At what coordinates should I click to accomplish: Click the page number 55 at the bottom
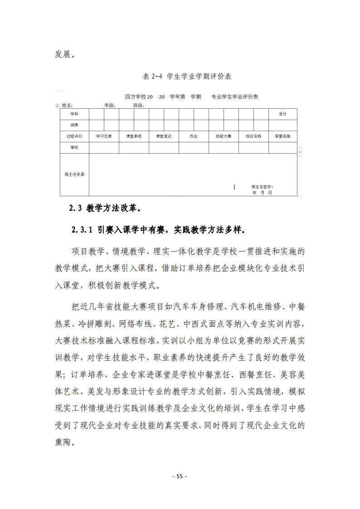tap(180, 476)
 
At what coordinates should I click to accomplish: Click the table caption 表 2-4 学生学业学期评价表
tap(187, 77)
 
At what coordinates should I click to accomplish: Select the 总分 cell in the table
tap(282, 114)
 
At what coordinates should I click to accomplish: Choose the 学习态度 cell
tap(104, 136)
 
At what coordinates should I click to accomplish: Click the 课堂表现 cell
tap(134, 136)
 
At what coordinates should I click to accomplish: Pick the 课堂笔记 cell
tap(164, 136)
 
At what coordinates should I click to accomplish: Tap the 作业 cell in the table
tap(194, 136)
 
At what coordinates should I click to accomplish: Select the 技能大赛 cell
tap(224, 136)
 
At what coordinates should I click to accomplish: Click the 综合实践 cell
tap(253, 136)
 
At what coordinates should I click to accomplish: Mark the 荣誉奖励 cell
tap(282, 136)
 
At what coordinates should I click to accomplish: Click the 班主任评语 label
tap(74, 174)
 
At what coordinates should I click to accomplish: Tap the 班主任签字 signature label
tap(263, 186)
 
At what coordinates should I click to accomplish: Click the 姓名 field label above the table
tap(67, 105)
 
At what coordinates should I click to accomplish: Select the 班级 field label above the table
tap(138, 105)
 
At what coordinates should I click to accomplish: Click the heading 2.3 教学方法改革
tap(105, 208)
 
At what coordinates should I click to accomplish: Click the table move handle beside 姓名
tap(57, 106)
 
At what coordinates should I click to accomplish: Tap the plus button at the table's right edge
tap(300, 152)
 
